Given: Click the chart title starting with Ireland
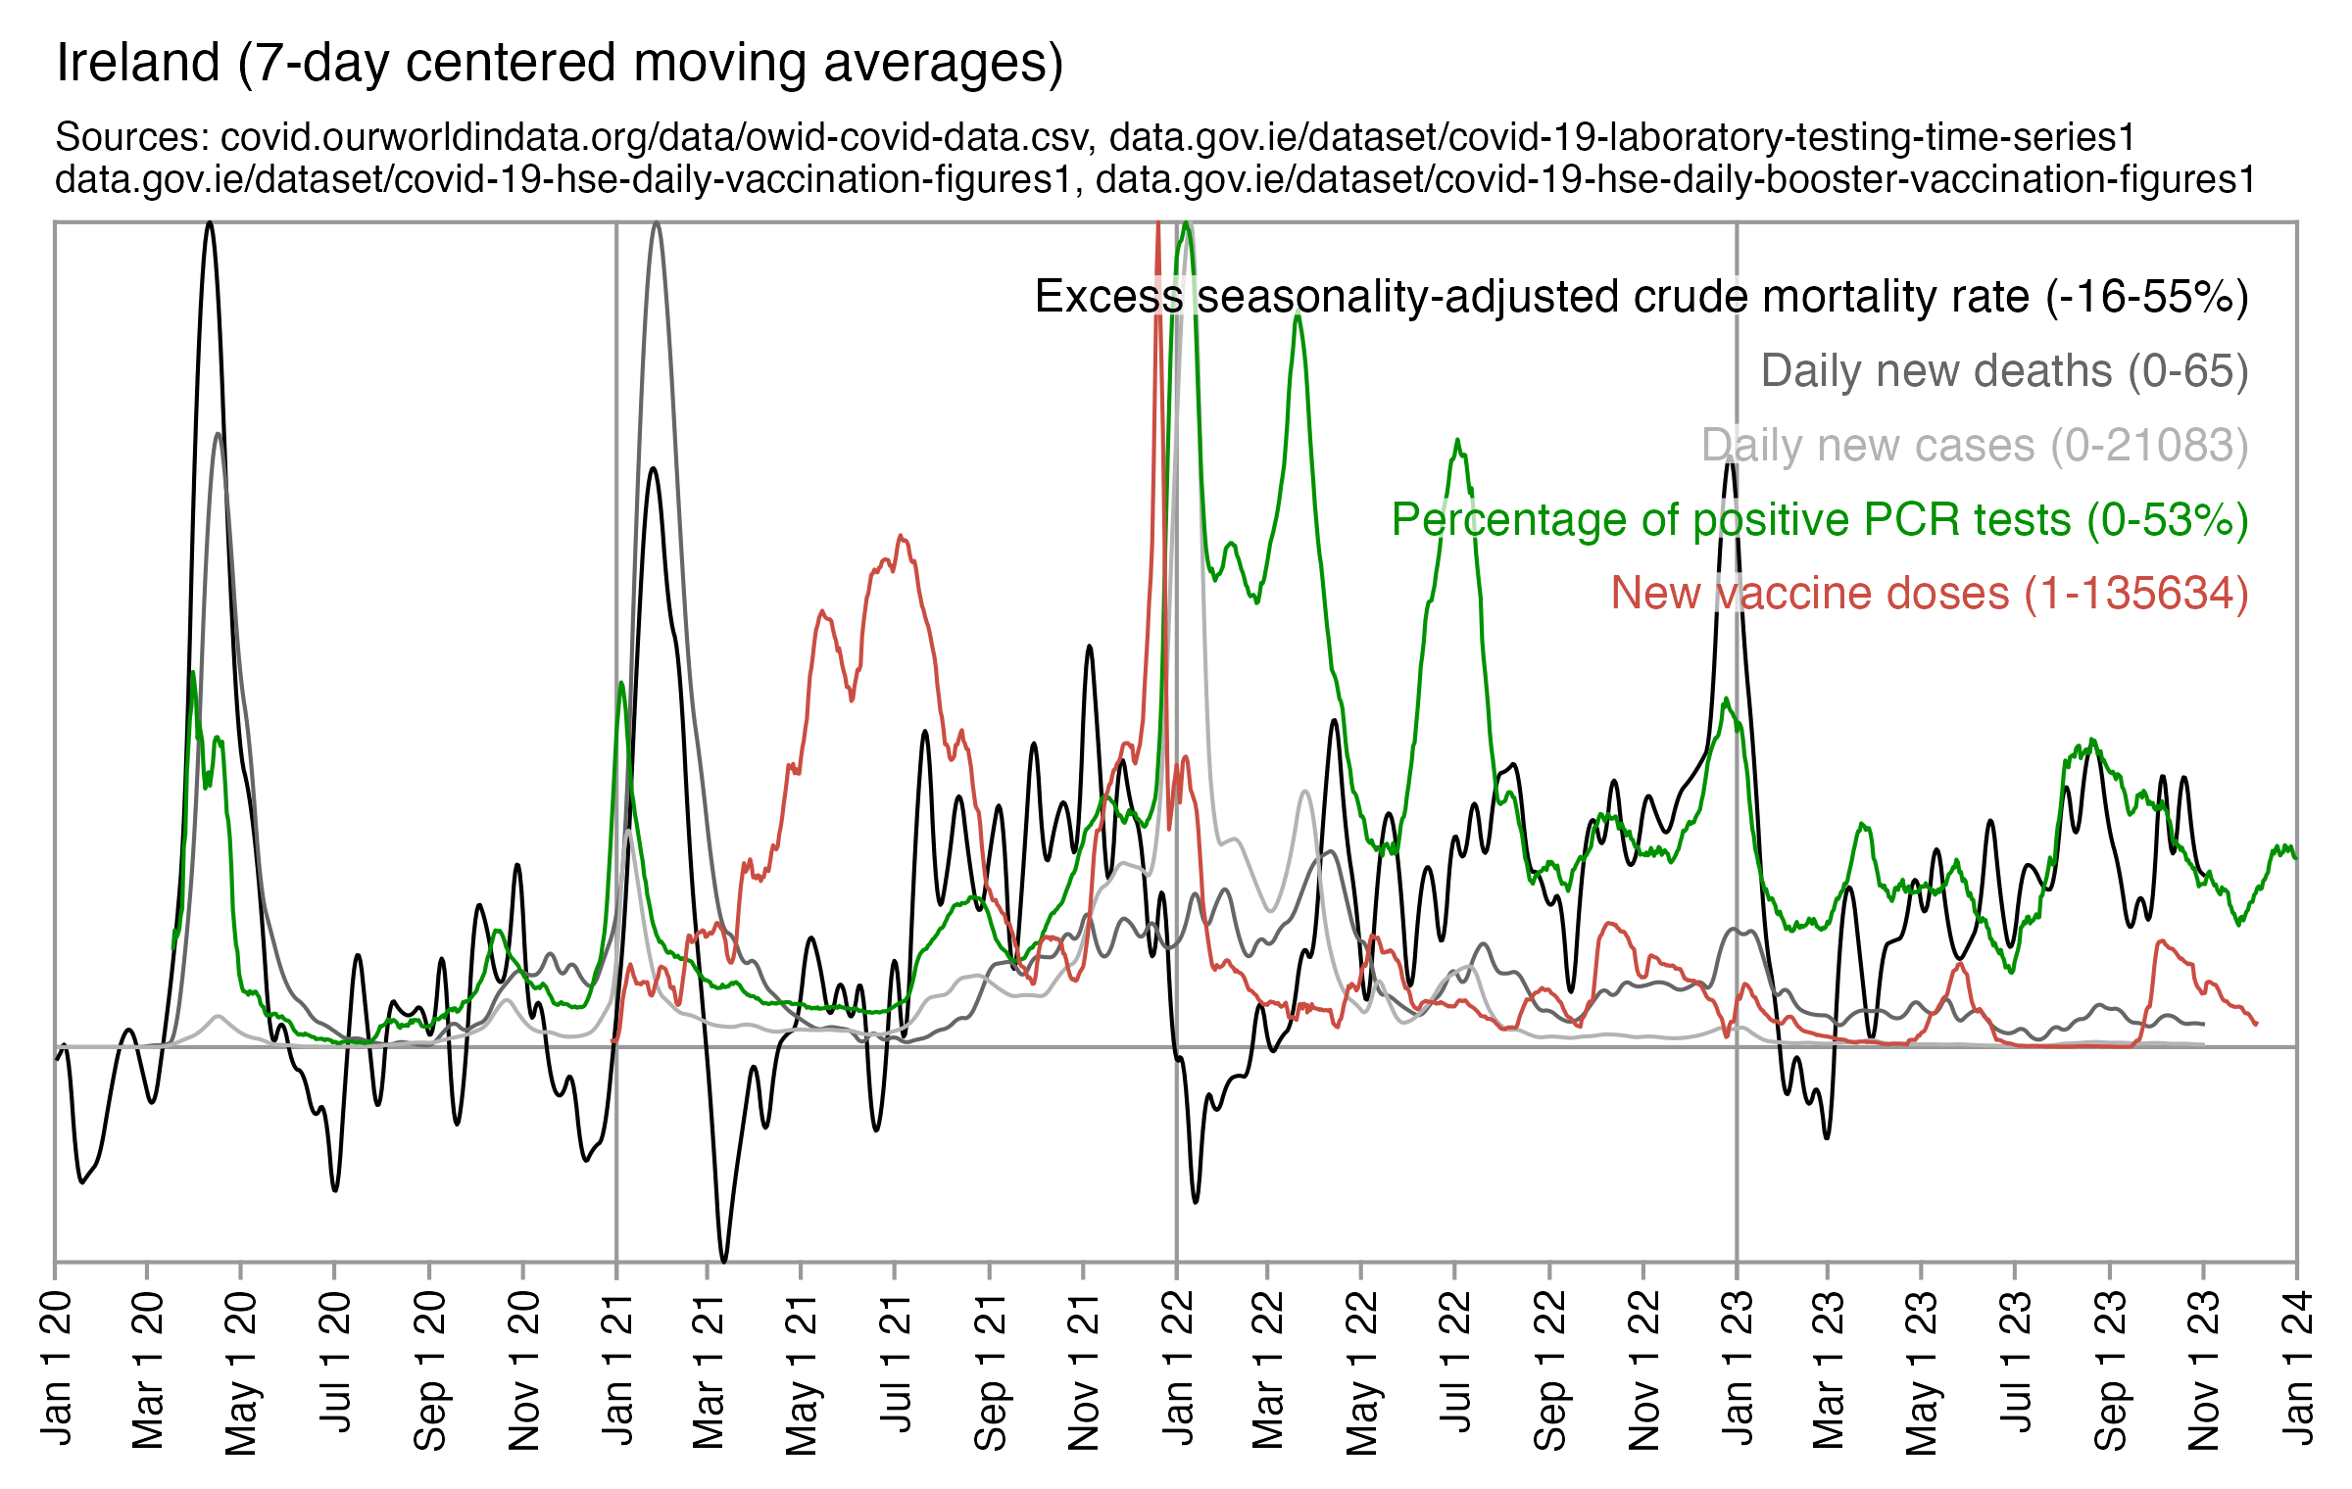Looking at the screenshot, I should click(x=560, y=64).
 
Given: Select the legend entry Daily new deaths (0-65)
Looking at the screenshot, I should click(x=2004, y=371).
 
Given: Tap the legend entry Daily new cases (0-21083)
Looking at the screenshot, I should click(x=1975, y=446).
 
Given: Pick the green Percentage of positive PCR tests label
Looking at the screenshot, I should click(x=1820, y=519).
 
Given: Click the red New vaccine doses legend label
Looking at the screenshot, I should click(x=1930, y=594).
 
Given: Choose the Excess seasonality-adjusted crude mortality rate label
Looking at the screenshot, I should click(x=1641, y=297).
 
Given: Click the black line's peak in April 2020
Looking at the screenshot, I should click(x=209, y=224).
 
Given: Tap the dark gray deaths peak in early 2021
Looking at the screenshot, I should click(x=656, y=224).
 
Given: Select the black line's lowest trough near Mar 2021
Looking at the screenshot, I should click(x=724, y=1260).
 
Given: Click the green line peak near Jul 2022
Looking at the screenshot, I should click(x=1458, y=442).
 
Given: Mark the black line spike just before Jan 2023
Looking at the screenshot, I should click(x=1731, y=460).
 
